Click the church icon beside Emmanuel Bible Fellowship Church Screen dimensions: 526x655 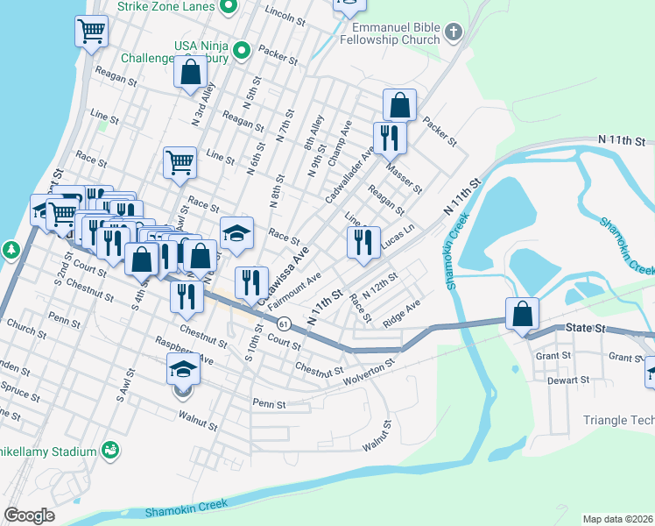pos(453,32)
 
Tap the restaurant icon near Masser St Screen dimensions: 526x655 pos(388,138)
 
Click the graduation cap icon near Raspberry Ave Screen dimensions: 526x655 pos(184,369)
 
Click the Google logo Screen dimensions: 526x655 pos(29,515)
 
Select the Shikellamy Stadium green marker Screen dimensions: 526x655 pos(110,451)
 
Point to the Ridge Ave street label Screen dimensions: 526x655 pos(402,314)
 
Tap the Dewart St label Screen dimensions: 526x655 pos(569,380)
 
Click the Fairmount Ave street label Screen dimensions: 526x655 pos(300,288)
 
